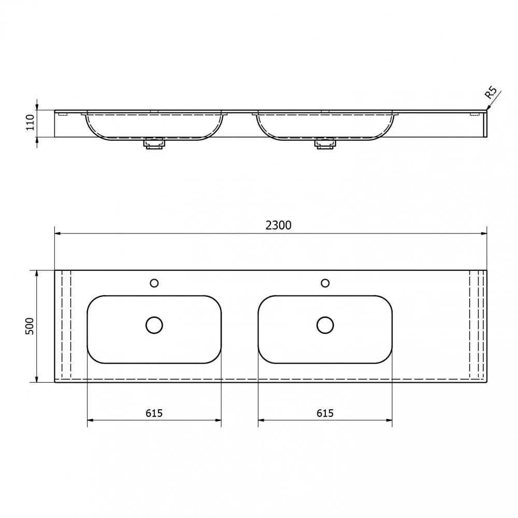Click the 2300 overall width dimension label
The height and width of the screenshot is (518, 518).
click(x=279, y=225)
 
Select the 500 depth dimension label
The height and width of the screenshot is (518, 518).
click(x=30, y=326)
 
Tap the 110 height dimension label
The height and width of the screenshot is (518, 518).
click(x=31, y=122)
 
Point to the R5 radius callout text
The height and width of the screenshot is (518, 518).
click(x=491, y=93)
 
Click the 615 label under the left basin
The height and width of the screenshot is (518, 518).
click(x=154, y=413)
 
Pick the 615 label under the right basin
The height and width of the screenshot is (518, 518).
click(x=325, y=413)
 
